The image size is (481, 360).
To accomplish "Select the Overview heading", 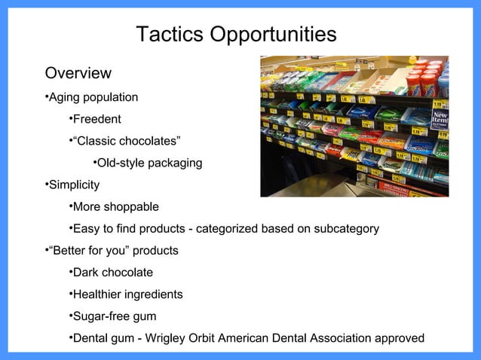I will point(78,74).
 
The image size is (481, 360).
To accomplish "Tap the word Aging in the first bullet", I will point(66,97).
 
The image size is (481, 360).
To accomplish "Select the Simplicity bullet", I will point(74,185).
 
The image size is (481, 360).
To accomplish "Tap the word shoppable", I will point(132,207).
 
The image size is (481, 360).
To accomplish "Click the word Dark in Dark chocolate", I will point(86,273).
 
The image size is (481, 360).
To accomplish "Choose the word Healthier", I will point(100,294).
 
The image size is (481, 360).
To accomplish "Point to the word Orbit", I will point(217,338).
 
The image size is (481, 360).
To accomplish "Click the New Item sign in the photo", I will point(440,119).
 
